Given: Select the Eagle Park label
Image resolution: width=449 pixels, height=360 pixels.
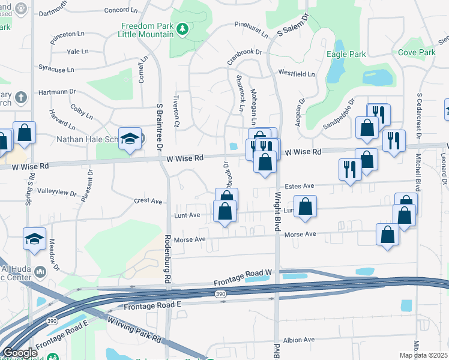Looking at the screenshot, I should click(x=346, y=54).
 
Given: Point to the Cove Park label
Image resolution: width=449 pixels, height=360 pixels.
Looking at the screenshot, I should click(x=417, y=53).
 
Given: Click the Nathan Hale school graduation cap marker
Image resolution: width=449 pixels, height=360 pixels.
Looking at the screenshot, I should click(x=130, y=138).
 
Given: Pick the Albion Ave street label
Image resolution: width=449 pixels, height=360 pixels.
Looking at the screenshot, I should click(x=299, y=340).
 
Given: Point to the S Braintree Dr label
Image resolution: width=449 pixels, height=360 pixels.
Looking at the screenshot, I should click(x=159, y=127).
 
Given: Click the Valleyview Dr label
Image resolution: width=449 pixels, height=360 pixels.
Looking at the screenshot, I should click(x=57, y=193).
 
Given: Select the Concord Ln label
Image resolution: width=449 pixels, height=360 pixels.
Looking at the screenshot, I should click(x=125, y=10).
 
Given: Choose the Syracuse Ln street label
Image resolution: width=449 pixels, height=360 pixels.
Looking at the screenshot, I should click(x=55, y=70).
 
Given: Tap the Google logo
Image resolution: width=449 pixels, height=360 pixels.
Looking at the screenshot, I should click(x=19, y=353).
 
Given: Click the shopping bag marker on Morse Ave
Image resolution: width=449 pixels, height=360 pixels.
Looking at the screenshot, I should click(x=387, y=235).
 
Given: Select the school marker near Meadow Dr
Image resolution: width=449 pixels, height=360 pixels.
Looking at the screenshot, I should click(x=34, y=239).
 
